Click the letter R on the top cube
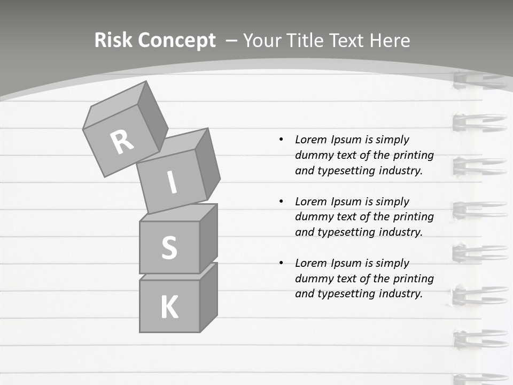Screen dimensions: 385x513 [x=122, y=142]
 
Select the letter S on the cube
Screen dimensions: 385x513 [x=169, y=248]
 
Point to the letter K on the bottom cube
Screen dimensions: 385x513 [x=169, y=307]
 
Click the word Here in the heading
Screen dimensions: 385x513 [x=390, y=41]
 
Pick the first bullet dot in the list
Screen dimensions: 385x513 [x=281, y=140]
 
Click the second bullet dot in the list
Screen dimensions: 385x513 [x=281, y=202]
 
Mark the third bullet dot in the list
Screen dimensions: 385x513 [x=281, y=263]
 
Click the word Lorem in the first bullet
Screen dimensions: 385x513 [x=310, y=140]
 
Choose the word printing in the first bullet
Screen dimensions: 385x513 [x=414, y=155]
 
